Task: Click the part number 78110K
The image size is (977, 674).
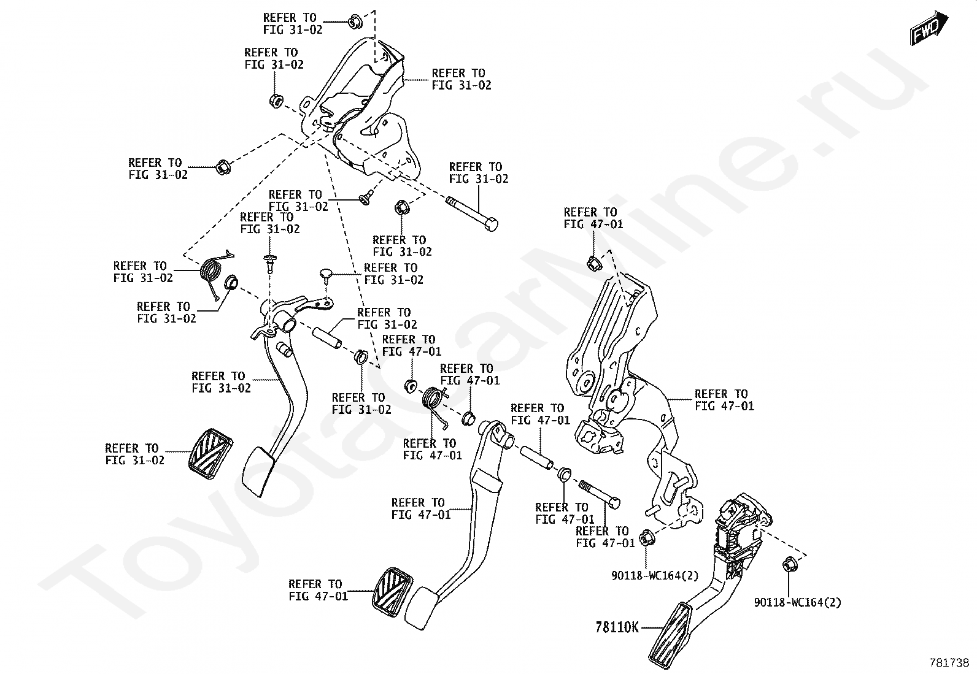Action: [x=617, y=627]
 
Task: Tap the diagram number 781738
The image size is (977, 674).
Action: [x=948, y=662]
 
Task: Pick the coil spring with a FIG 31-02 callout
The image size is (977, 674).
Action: [x=212, y=272]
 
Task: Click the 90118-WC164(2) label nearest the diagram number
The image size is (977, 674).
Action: [x=797, y=602]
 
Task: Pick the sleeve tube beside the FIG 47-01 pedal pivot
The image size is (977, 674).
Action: [x=537, y=458]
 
